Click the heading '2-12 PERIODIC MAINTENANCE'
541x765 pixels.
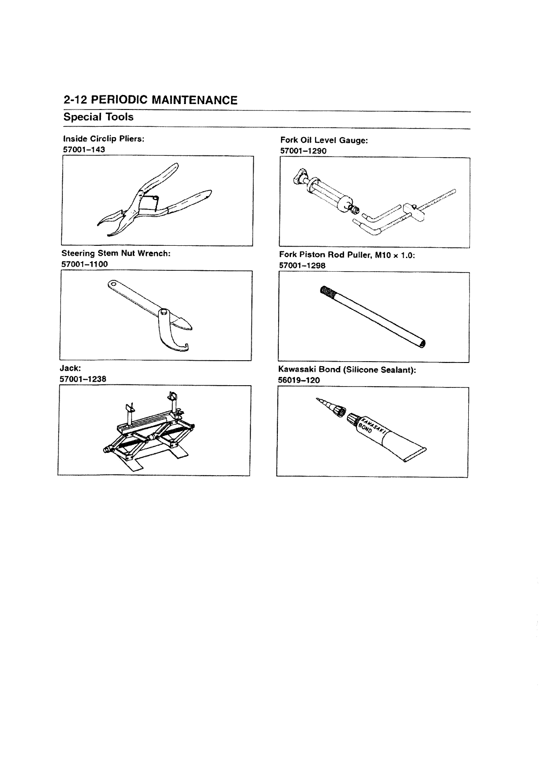click(150, 100)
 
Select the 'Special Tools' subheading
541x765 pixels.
click(99, 117)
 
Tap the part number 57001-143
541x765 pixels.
click(84, 149)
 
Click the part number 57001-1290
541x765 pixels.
click(303, 151)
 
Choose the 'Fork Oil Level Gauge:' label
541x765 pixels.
click(324, 140)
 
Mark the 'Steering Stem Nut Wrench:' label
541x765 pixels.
click(116, 253)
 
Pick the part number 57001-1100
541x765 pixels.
click(85, 264)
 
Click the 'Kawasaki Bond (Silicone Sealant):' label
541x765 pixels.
click(347, 370)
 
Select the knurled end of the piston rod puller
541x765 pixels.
click(327, 291)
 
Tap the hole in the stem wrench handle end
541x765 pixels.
click(112, 285)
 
